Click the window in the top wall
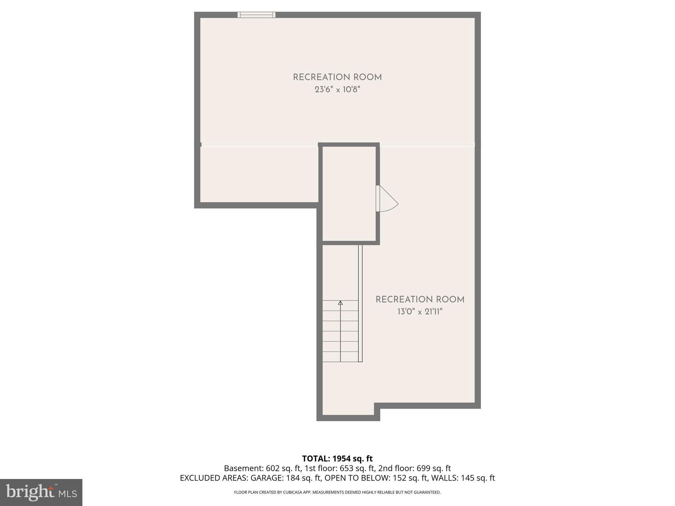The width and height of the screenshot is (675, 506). coord(256,15)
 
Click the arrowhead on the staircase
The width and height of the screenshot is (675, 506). coord(340,303)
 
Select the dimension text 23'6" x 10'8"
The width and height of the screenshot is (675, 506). coord(337,90)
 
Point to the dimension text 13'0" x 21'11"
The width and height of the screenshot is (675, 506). coord(420,312)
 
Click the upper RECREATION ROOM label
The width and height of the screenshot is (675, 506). coord(337,77)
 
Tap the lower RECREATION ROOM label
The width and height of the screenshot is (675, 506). coord(420,300)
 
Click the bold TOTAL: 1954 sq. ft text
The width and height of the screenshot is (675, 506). coord(337,459)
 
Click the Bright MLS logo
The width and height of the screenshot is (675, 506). coord(41,492)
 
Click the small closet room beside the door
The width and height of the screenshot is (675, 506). coord(349,194)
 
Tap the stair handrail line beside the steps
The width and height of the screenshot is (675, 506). coord(360,303)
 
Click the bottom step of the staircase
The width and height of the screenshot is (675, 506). coord(340,357)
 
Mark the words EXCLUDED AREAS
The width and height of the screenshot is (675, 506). coord(214,478)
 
